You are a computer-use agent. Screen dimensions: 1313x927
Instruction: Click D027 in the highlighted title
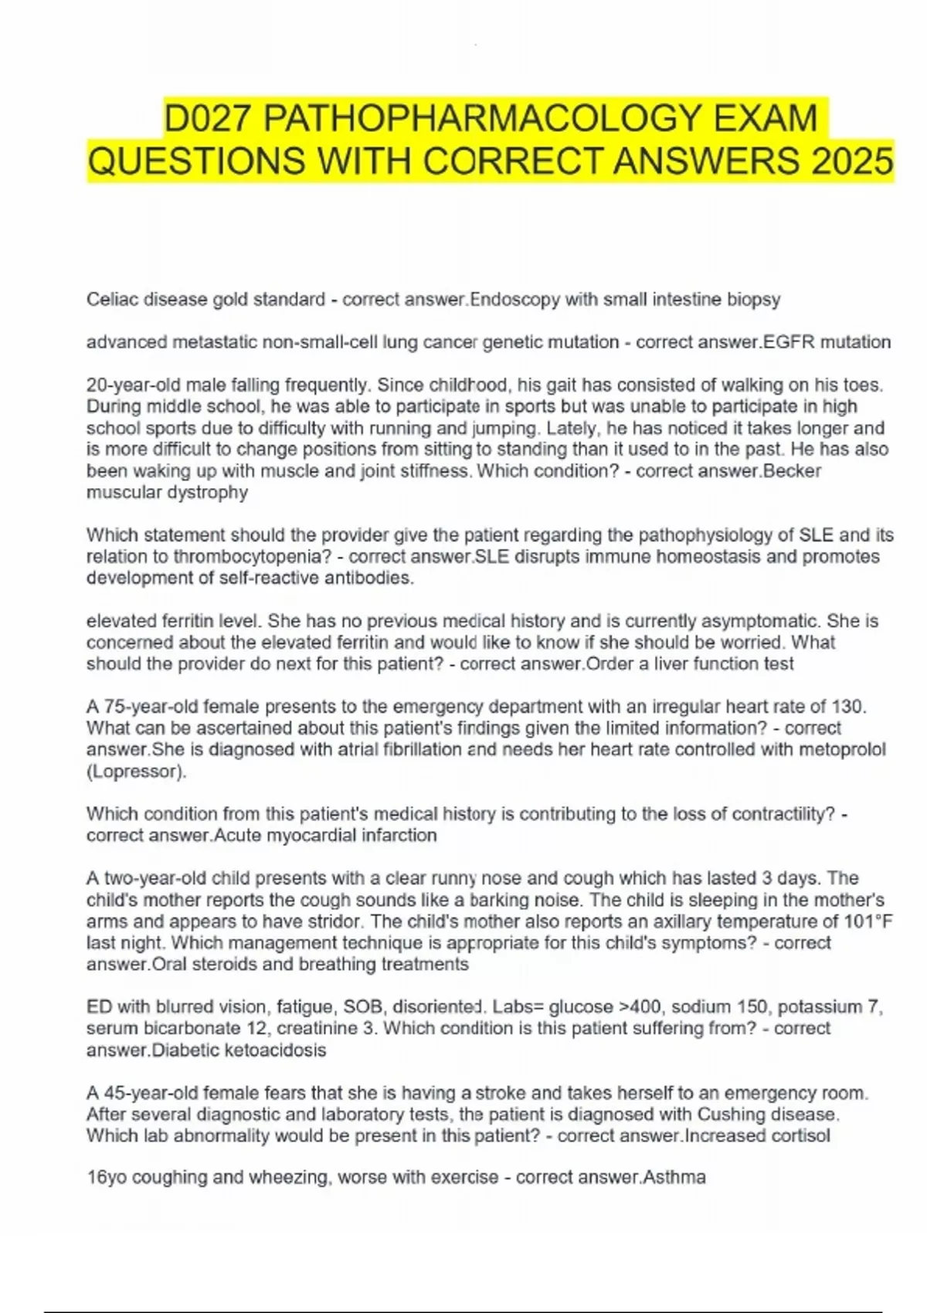click(x=207, y=119)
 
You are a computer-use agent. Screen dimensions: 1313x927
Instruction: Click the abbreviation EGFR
click(x=788, y=342)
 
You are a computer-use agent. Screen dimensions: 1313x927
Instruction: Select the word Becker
click(x=792, y=471)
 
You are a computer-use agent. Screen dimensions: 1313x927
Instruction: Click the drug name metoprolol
click(x=842, y=749)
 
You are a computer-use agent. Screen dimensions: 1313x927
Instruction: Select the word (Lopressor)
click(x=137, y=771)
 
